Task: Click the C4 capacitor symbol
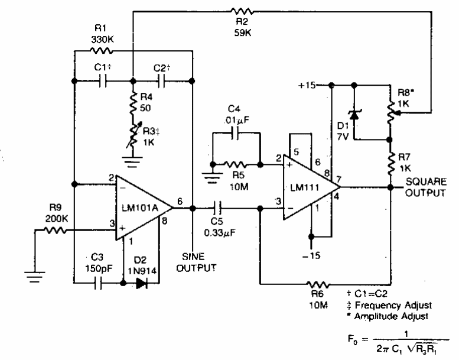237,134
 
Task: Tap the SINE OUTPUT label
197,262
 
